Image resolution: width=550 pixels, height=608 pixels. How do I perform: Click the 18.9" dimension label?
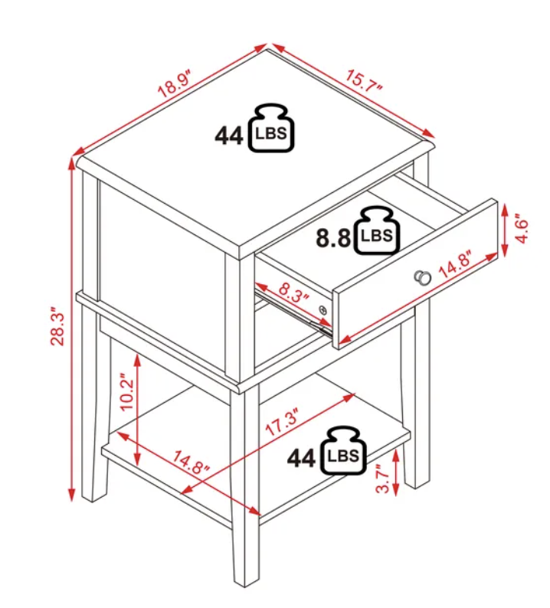coord(175,83)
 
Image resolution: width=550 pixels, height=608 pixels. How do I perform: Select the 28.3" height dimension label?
coord(57,326)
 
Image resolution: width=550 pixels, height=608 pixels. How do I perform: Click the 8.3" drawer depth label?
coord(294,292)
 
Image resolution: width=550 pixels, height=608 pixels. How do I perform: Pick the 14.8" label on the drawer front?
coord(455,265)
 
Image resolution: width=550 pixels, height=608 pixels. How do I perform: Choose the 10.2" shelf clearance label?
coord(126,391)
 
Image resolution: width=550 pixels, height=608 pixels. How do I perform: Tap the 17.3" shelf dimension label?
coord(283,421)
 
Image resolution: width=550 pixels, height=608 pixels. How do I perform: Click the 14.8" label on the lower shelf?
coord(191,463)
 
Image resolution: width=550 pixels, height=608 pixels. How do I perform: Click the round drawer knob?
coord(422,277)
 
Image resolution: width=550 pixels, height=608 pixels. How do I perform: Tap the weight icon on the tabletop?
coord(271,128)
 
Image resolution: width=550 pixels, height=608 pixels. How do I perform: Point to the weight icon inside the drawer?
coord(377,230)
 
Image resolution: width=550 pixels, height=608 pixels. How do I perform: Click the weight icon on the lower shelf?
coord(343,450)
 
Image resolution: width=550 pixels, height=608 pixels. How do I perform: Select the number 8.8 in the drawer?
coord(333,237)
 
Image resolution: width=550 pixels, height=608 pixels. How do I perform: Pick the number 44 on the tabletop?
coord(229,136)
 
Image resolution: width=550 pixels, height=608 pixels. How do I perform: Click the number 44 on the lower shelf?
coord(301,459)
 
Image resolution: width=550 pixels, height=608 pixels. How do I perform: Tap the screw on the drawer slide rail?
coord(322,309)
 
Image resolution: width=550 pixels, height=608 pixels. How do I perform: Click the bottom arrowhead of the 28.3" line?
coord(71,495)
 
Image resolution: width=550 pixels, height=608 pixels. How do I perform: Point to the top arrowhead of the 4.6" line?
coord(505,210)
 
